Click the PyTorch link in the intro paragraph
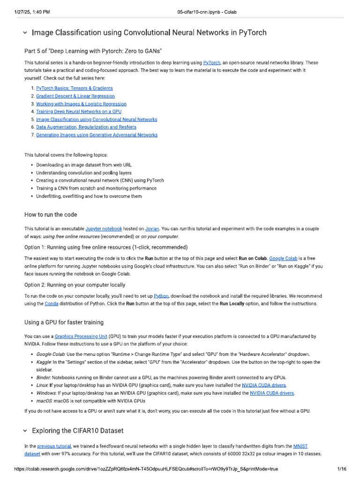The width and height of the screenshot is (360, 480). [x=212, y=63]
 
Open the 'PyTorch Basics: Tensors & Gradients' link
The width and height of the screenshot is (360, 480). [x=74, y=88]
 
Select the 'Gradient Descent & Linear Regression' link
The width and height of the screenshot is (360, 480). [x=75, y=96]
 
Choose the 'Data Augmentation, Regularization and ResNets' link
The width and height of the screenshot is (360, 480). [x=86, y=127]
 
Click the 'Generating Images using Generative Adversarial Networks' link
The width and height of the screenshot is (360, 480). [x=97, y=135]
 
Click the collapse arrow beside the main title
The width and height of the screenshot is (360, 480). [x=25, y=33]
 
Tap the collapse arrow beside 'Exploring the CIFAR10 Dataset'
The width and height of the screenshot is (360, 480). [x=25, y=430]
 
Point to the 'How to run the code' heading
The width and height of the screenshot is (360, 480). [x=51, y=215]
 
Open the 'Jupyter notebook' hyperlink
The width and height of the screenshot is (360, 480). [x=104, y=229]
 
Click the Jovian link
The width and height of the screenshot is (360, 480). [x=152, y=229]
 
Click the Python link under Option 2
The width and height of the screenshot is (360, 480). [x=161, y=296]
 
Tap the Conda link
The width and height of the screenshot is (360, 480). [x=51, y=304]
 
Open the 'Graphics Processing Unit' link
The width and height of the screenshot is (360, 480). [x=81, y=337]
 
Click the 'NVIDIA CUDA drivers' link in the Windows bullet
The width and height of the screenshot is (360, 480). [x=272, y=393]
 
